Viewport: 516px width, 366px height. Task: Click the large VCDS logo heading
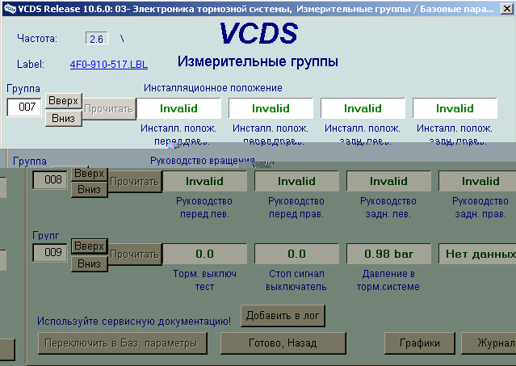(x=258, y=33)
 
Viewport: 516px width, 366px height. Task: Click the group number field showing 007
(x=24, y=107)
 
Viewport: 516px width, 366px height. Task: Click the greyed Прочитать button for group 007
(x=108, y=108)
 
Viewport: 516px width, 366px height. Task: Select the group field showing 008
(x=50, y=180)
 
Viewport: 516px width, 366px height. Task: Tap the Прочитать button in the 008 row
(x=136, y=182)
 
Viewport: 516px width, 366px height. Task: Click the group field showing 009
(x=50, y=253)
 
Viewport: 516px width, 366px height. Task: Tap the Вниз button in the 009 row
(x=89, y=263)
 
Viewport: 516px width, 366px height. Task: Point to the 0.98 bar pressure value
(x=388, y=254)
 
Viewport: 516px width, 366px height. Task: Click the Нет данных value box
(x=478, y=254)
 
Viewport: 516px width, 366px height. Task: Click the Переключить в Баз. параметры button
(x=122, y=343)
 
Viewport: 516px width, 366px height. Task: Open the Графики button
(x=418, y=343)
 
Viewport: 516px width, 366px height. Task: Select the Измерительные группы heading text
(x=257, y=62)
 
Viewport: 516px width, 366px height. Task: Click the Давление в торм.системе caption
(x=388, y=280)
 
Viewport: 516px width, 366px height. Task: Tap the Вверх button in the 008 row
(x=89, y=174)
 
